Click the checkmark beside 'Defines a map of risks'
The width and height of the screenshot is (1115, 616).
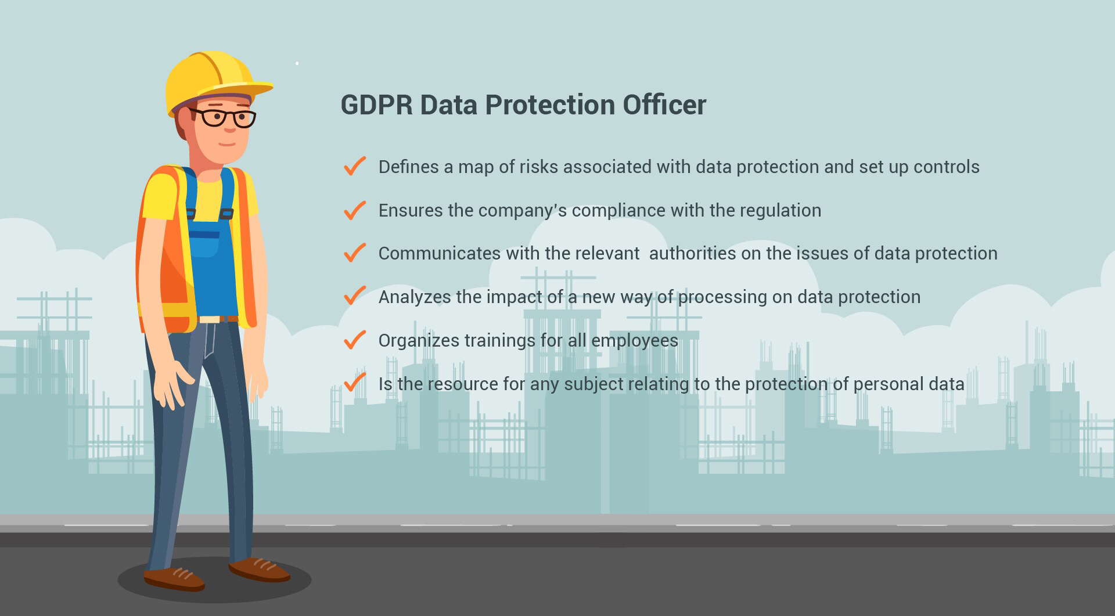354,166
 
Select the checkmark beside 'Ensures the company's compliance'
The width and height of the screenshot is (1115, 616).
354,210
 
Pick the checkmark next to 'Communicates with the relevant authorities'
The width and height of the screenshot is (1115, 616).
354,253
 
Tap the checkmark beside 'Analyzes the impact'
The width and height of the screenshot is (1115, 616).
354,296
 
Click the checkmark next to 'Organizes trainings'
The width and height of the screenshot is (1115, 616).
354,340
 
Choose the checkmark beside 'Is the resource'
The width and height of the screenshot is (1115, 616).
354,383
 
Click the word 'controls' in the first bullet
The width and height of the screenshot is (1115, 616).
947,167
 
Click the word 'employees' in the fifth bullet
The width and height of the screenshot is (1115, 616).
635,341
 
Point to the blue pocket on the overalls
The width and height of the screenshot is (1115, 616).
204,244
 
